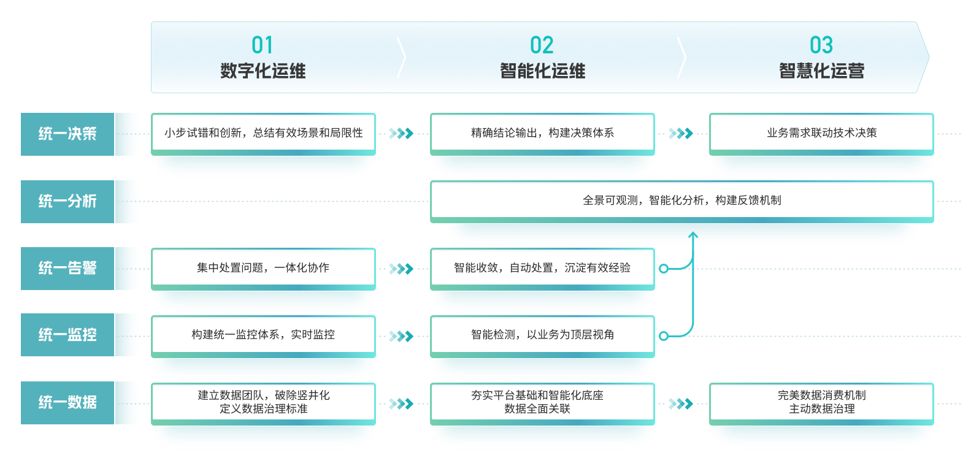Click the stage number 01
263,45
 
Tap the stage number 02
542,45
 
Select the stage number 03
821,45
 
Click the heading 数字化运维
263,71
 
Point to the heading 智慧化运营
822,71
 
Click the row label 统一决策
67,134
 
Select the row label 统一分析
67,202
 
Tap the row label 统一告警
67,268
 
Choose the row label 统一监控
67,335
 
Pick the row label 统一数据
67,402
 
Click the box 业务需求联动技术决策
821,134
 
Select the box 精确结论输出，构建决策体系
542,134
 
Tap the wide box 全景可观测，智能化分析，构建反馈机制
682,202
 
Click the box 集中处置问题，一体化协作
263,269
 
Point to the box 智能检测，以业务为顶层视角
542,336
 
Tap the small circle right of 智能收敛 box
663,269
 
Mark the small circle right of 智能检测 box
663,336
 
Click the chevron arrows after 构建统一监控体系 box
401,336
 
